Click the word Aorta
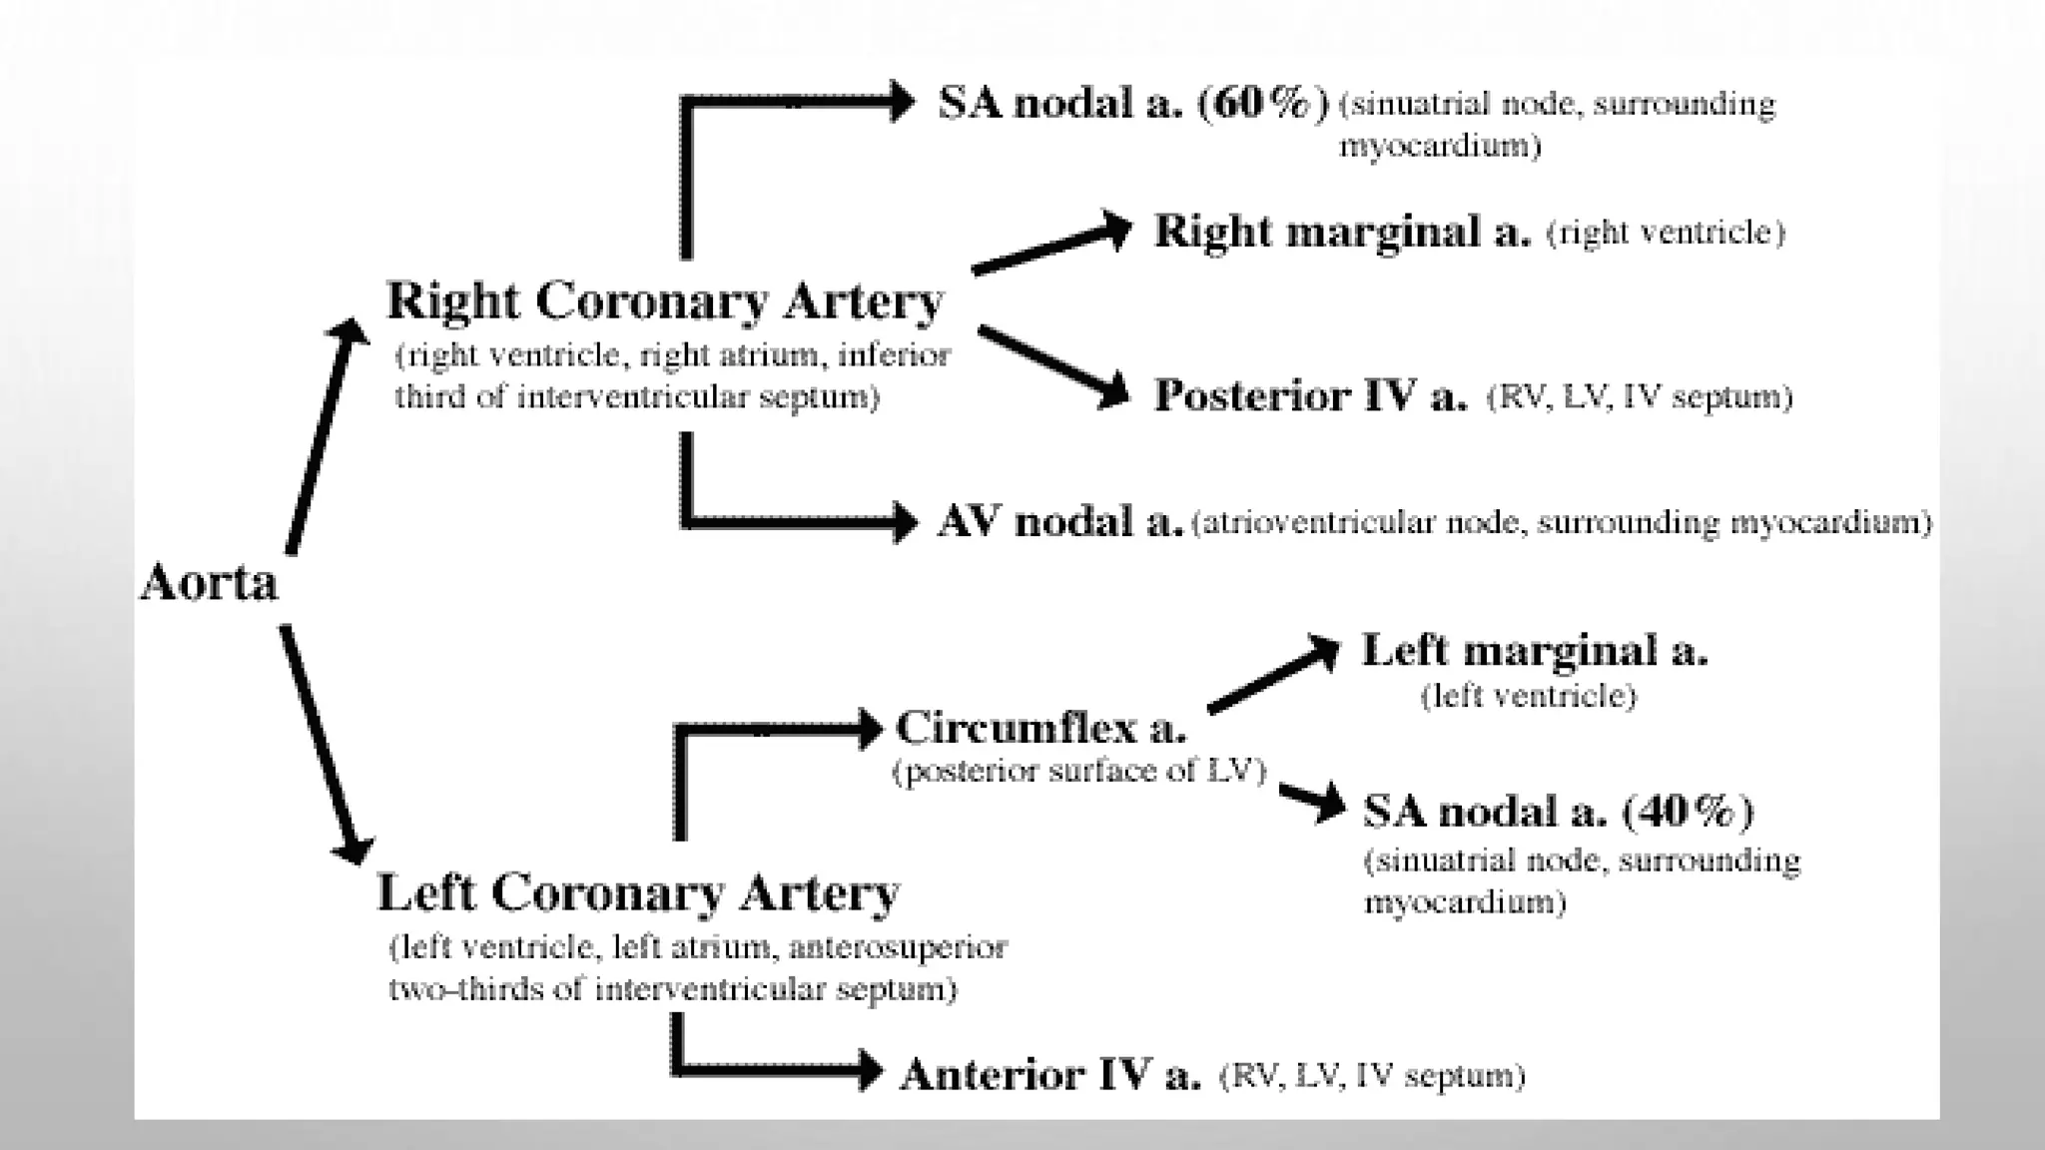click(209, 583)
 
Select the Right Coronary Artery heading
click(664, 301)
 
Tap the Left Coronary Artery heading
click(638, 892)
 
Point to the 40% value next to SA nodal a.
click(1689, 812)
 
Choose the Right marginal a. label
click(1342, 232)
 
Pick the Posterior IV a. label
click(1311, 396)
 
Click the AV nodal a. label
click(1059, 522)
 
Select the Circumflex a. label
click(1040, 728)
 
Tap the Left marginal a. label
click(1535, 651)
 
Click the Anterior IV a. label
click(1049, 1075)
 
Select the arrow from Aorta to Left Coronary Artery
click(320, 744)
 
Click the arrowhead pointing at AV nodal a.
click(902, 522)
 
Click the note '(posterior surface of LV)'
click(1078, 772)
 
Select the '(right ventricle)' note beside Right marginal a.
click(1665, 234)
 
